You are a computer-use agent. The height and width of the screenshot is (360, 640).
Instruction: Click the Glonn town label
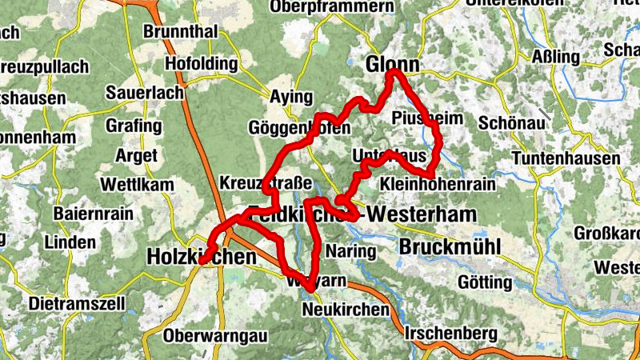pos(393,65)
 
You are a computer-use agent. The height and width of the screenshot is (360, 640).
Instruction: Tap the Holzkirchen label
pos(202,257)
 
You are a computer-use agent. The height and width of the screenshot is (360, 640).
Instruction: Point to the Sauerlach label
pos(144,93)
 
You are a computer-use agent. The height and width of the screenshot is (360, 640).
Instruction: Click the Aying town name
pos(290,97)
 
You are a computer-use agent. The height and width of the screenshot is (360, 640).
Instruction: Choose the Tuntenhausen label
pos(566,158)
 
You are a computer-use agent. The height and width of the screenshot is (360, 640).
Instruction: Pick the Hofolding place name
pos(201,63)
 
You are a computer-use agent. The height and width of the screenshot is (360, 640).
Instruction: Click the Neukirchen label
pos(346,310)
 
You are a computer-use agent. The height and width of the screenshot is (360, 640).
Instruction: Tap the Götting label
pos(485,282)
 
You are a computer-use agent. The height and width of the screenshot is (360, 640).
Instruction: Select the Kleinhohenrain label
pos(438,185)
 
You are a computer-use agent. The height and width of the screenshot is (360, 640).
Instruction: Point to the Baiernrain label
pos(93,214)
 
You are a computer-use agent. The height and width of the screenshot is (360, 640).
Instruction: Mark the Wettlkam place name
pos(137,185)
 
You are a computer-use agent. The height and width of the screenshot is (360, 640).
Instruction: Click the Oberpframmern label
pos(333,7)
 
